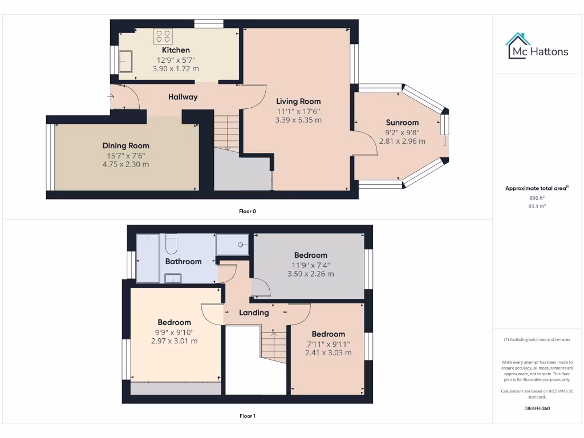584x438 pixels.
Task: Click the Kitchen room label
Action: coord(176,50)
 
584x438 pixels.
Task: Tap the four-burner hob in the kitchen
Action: coord(163,36)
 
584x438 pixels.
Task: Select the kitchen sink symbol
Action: coord(125,60)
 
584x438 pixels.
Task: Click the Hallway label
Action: coord(182,97)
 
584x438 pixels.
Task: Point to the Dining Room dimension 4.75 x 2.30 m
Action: coord(126,164)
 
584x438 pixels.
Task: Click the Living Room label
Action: coord(298,102)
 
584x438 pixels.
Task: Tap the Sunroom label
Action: coord(402,122)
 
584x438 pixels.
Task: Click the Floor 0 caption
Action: coord(248,211)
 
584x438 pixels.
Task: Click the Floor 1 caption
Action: coord(248,416)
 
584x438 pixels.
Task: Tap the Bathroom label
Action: coord(183,261)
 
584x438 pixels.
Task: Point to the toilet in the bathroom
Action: coord(171,245)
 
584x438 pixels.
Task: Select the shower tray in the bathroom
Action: coord(232,245)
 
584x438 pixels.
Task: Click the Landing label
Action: coord(254,313)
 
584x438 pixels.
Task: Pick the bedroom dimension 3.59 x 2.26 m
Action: coord(311,274)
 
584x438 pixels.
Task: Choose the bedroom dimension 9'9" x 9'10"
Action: coord(175,332)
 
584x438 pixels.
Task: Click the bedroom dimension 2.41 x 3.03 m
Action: coord(328,352)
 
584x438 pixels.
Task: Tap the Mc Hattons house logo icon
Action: coord(518,46)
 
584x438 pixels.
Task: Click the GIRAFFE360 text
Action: coord(537,408)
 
